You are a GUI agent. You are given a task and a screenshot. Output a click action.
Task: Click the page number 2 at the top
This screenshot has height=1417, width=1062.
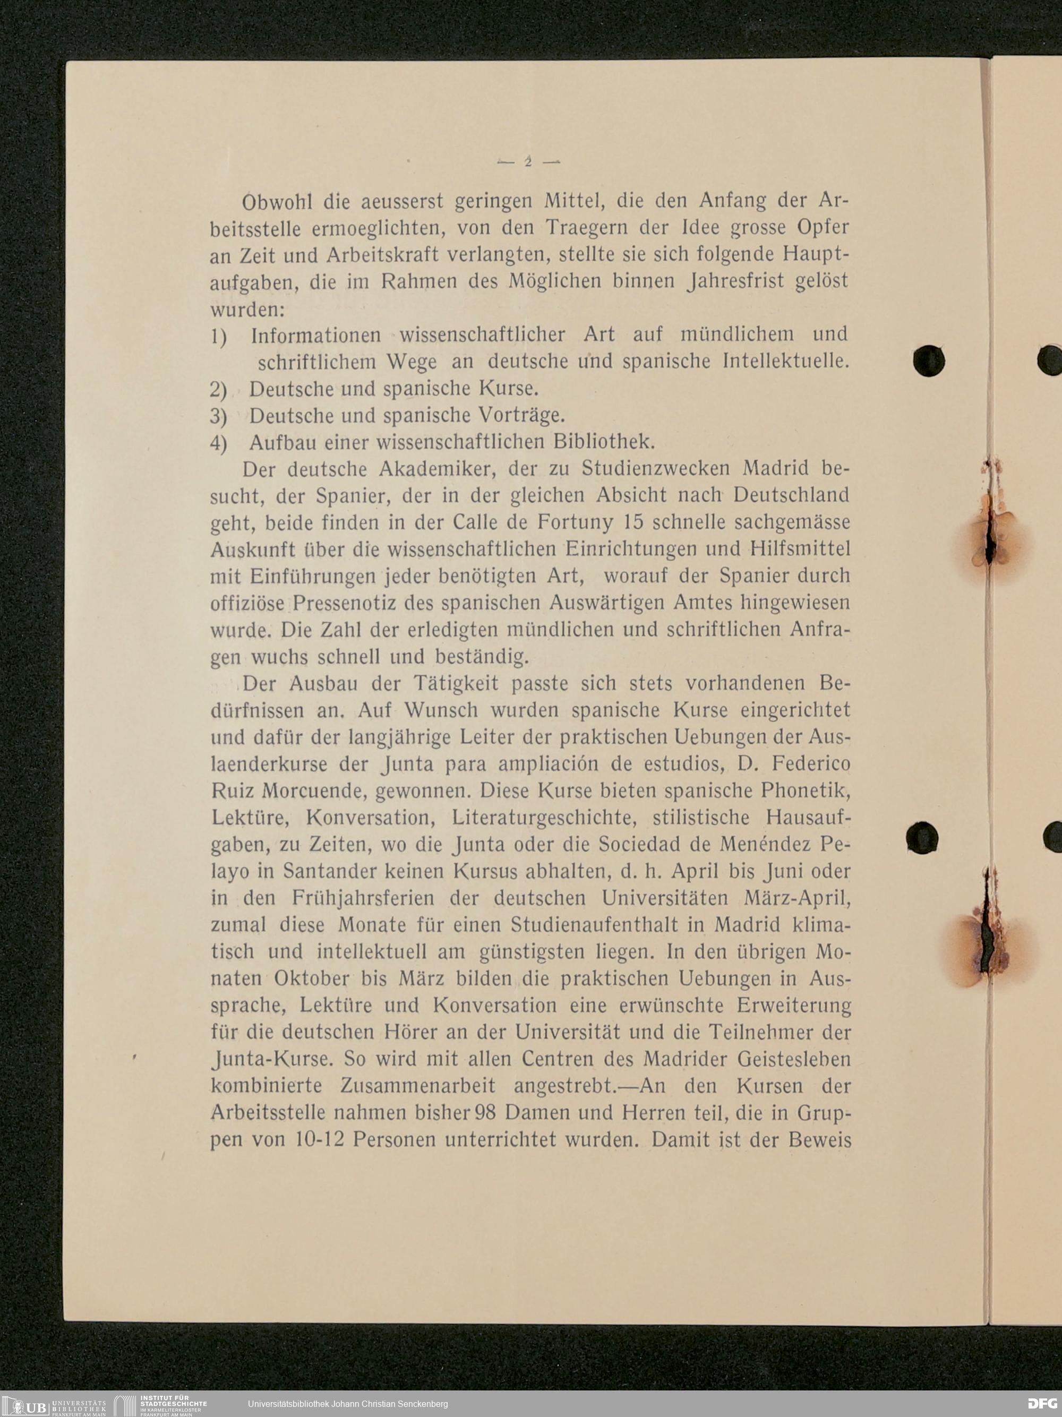[529, 162]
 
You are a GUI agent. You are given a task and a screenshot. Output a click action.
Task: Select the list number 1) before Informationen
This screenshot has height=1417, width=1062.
[218, 336]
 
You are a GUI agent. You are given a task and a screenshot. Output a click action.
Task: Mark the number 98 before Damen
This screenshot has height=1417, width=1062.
[485, 1113]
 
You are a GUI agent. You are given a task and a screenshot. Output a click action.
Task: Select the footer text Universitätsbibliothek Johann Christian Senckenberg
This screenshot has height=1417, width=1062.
[348, 1404]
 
